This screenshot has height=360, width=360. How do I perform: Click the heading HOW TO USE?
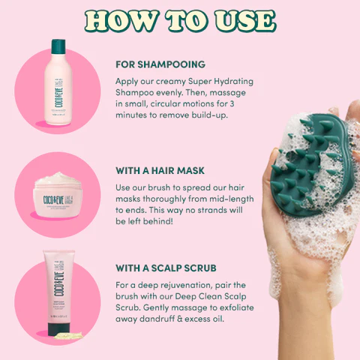point(180,21)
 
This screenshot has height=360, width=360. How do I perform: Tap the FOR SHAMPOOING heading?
point(160,64)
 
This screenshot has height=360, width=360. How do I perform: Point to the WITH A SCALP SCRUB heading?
point(166,267)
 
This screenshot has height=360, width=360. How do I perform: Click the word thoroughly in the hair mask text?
point(160,198)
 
